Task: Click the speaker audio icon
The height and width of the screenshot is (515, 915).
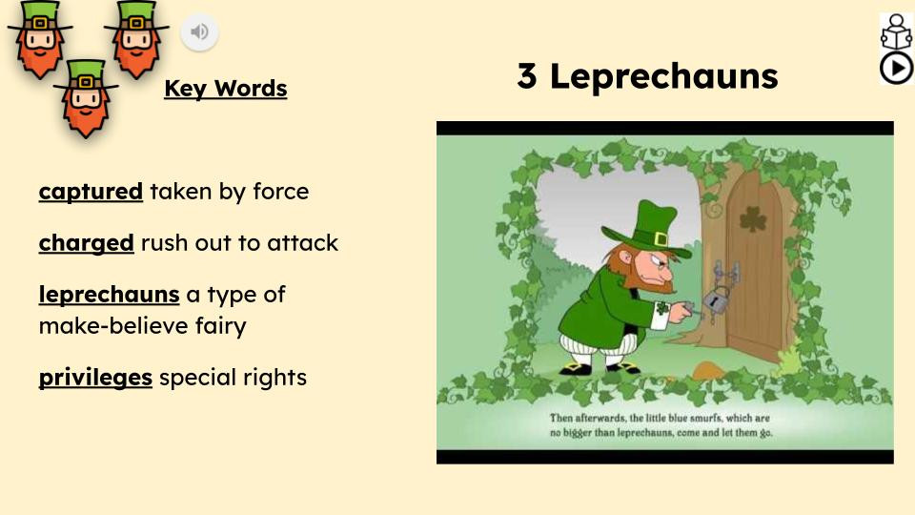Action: [x=199, y=32]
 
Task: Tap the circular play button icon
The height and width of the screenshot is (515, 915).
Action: [x=896, y=68]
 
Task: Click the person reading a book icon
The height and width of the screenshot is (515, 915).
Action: [x=896, y=31]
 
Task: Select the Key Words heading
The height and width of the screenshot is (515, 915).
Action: [x=225, y=89]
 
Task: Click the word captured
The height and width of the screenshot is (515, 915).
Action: [x=91, y=192]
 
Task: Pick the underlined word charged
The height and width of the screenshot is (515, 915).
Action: [x=86, y=243]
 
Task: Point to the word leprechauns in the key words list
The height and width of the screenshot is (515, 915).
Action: [x=109, y=295]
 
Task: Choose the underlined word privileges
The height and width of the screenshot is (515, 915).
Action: [x=95, y=378]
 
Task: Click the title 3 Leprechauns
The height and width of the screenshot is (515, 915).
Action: [x=647, y=76]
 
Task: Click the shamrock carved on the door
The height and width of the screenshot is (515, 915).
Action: [x=753, y=218]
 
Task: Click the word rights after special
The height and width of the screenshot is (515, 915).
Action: [x=275, y=378]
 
